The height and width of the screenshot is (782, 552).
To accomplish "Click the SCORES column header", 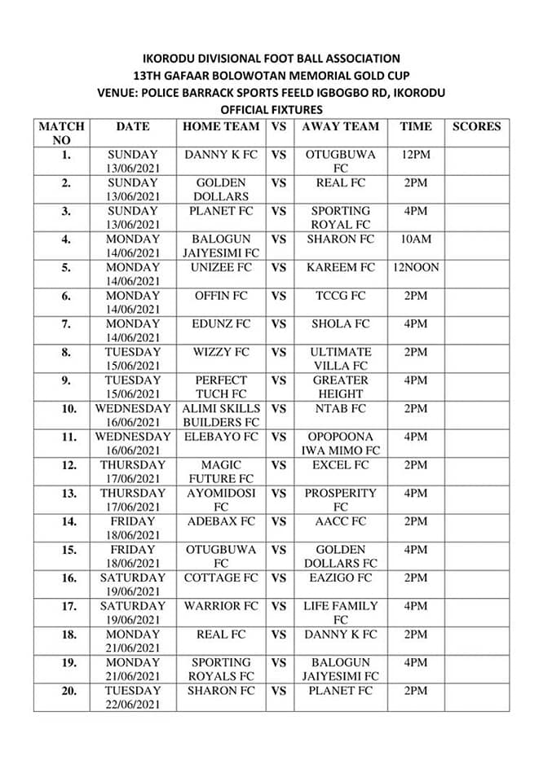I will (x=476, y=126).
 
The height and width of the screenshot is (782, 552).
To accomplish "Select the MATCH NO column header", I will (x=61, y=133).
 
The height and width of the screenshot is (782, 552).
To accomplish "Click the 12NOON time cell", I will (x=416, y=267).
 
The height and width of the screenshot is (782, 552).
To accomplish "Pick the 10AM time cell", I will (x=416, y=239).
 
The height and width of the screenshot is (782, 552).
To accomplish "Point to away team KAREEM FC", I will (x=340, y=267).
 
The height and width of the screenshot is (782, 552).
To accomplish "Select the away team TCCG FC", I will (x=340, y=295).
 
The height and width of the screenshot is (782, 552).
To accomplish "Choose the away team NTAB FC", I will (x=340, y=408).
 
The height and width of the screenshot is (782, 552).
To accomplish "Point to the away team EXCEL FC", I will (x=340, y=464).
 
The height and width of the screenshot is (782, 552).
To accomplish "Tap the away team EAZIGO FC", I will (x=340, y=578).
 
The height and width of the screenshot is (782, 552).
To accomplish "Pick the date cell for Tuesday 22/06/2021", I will (x=133, y=697).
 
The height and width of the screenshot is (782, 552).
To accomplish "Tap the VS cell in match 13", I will (x=279, y=493).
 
